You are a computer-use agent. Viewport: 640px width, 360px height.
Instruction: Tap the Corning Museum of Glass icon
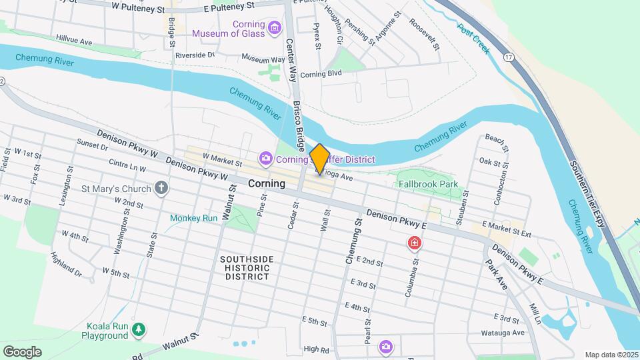click(x=274, y=28)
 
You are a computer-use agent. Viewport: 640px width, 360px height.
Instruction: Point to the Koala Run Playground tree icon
click(x=139, y=329)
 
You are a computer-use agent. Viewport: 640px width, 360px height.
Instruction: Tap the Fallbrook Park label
click(x=427, y=183)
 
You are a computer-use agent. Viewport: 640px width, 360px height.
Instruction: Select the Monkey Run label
click(x=194, y=218)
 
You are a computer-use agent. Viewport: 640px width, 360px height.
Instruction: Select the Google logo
click(x=22, y=352)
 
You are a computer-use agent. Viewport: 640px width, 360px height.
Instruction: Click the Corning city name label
click(x=267, y=183)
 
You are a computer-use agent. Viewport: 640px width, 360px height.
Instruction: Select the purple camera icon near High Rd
click(x=386, y=346)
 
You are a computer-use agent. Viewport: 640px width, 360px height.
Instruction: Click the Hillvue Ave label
click(x=74, y=41)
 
